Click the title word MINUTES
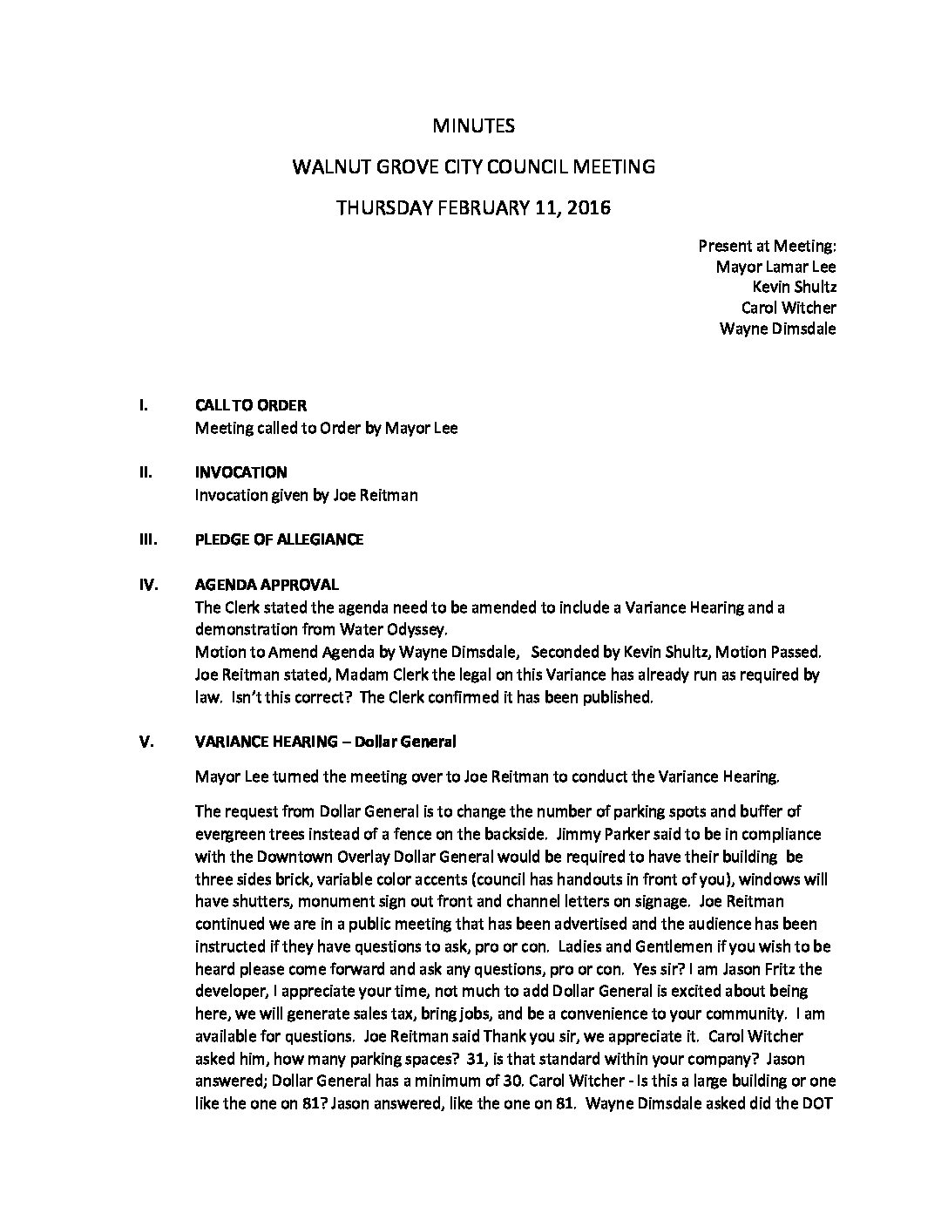pos(473,125)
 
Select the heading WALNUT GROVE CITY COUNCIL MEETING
pos(473,166)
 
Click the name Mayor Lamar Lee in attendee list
pos(775,268)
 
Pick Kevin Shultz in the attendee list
pos(794,288)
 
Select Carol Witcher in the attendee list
pos(788,308)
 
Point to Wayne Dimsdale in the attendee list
pos(777,329)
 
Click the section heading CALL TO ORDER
pos(251,406)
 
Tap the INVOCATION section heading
pos(240,472)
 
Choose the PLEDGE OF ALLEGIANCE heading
pos(279,539)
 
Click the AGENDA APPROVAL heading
pos(267,585)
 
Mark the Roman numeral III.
pos(147,539)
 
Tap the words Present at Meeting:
pos(767,247)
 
